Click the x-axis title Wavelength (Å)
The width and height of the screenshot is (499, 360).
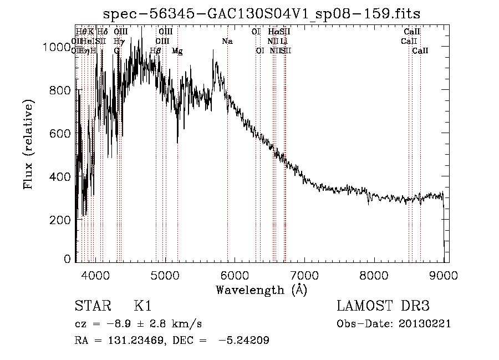point(261,290)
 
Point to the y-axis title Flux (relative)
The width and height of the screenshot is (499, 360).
point(28,144)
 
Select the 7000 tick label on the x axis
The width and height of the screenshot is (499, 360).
point(305,274)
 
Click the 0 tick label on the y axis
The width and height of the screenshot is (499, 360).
point(68,259)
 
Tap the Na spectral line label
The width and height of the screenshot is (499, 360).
point(227,41)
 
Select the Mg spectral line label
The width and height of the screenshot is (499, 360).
point(177,50)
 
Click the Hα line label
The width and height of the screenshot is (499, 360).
point(273,32)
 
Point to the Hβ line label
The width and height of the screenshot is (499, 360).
point(156,50)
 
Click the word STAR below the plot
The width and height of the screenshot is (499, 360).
point(93,307)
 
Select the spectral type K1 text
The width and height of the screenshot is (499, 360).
point(143,307)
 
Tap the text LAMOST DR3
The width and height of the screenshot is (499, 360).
point(383,307)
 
